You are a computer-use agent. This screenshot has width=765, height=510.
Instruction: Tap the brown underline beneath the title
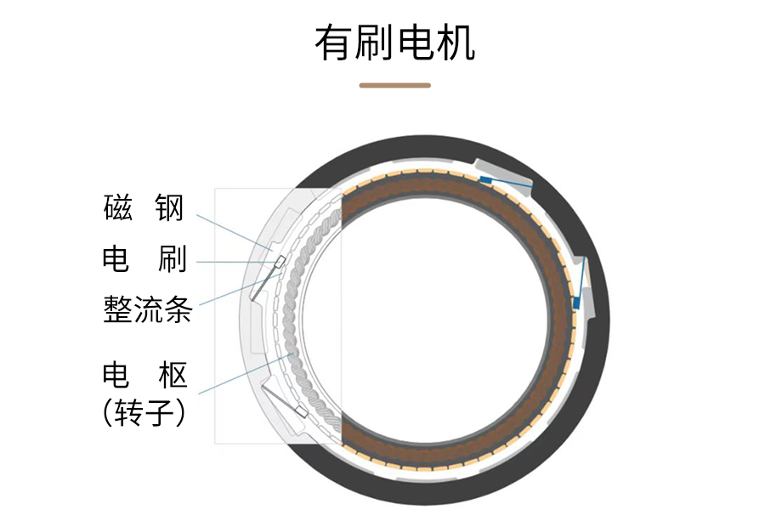click(394, 85)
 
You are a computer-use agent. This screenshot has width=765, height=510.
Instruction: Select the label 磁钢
click(144, 207)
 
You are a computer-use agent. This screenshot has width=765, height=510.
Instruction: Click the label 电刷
click(144, 258)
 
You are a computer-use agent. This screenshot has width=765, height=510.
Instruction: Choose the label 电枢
click(144, 375)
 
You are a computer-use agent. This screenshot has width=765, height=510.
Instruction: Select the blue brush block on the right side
click(576, 302)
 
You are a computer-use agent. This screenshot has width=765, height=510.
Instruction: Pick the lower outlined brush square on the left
click(299, 412)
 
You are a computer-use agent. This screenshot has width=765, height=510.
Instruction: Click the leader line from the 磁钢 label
click(229, 228)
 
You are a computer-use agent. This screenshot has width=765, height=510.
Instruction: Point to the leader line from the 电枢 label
click(246, 372)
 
